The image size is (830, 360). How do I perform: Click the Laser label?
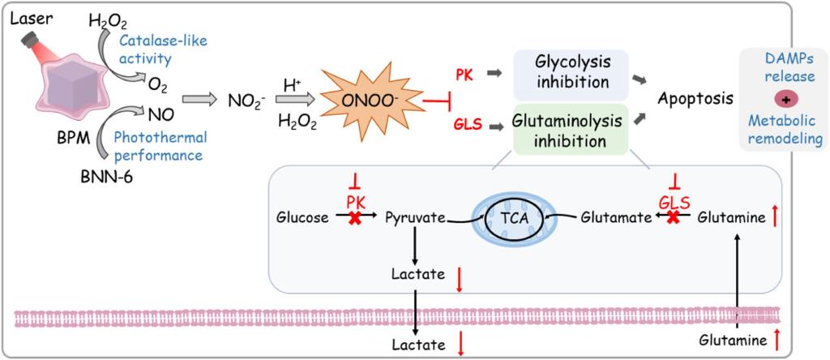click(x=28, y=16)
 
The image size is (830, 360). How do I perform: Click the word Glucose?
click(x=302, y=217)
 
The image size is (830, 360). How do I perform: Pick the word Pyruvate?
click(x=413, y=217)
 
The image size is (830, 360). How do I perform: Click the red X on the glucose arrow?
click(x=354, y=217)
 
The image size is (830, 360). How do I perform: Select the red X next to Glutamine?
click(x=672, y=217)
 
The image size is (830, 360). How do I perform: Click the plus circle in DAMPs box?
click(x=783, y=99)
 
